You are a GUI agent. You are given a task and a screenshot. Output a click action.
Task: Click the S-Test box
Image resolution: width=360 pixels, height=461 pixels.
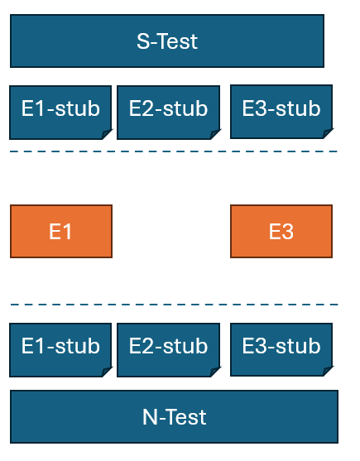point(167,41)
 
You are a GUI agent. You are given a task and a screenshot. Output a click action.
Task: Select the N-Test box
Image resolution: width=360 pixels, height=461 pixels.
point(174,416)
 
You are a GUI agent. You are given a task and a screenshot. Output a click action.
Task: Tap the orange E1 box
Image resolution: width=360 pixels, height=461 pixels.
point(61,232)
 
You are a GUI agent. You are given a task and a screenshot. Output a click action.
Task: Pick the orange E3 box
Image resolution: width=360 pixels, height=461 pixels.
point(281,232)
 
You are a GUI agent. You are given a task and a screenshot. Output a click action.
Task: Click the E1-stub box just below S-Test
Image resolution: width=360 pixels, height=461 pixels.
point(60,113)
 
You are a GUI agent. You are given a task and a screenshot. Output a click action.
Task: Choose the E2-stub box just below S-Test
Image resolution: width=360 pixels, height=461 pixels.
point(168,113)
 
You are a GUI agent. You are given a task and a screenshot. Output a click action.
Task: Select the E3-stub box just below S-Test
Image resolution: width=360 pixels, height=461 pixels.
point(281,112)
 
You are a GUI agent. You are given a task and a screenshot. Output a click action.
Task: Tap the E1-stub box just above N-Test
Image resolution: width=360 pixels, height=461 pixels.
point(60,350)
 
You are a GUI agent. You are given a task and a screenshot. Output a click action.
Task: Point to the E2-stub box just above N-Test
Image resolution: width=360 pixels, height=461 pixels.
point(168,350)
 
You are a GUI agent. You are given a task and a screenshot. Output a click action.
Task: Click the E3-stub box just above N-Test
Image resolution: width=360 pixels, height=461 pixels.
point(281,349)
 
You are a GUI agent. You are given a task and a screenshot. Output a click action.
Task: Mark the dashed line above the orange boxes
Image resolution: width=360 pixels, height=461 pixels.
point(174,151)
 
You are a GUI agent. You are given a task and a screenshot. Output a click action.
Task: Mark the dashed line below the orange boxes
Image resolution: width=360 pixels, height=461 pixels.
point(174,305)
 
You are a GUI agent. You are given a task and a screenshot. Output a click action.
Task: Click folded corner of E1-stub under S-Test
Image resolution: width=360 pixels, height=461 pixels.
point(106,134)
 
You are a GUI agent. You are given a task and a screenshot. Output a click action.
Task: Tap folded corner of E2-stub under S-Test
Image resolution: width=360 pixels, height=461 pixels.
point(214,134)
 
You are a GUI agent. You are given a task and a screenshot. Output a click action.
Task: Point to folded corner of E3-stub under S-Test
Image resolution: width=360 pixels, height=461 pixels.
point(327,133)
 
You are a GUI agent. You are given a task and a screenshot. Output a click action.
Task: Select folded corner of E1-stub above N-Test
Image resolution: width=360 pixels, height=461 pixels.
point(106,372)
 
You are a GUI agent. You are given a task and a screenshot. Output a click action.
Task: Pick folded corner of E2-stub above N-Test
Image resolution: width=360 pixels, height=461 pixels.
point(214,372)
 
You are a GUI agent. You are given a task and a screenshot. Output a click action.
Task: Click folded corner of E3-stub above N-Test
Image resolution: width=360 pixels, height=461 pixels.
point(327,371)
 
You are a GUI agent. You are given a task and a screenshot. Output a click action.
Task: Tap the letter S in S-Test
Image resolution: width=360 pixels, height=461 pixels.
point(143,41)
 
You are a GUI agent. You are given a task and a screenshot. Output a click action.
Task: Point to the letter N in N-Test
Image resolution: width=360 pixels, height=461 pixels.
point(149,417)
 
